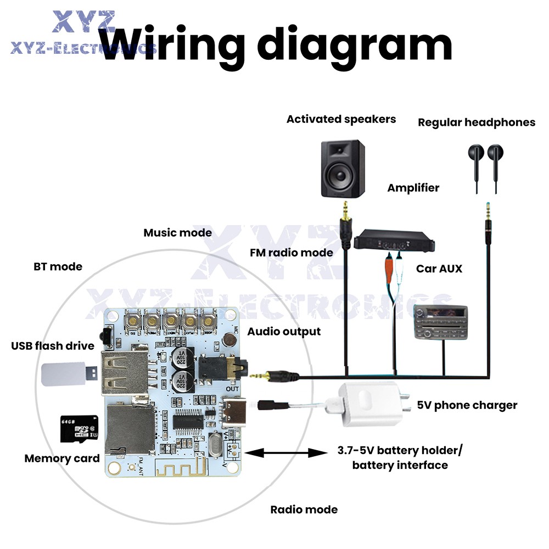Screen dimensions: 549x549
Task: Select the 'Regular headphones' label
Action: click(x=476, y=122)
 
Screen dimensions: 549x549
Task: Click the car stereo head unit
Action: click(x=441, y=322)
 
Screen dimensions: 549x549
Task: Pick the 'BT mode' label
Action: click(x=57, y=267)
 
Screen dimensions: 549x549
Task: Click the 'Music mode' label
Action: click(x=177, y=233)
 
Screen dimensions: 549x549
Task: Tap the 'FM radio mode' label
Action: click(x=291, y=253)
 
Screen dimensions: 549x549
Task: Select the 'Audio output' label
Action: click(x=284, y=332)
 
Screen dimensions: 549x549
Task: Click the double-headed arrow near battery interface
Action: click(x=285, y=453)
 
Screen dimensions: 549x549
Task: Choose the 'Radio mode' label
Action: click(x=304, y=509)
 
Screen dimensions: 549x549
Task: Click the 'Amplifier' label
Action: click(x=413, y=188)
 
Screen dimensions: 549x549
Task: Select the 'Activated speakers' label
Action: click(x=341, y=119)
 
